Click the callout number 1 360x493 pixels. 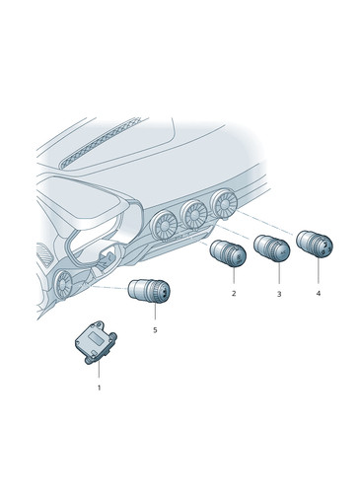coord(99,387)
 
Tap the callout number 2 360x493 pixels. coord(234,293)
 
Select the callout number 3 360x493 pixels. coord(279,294)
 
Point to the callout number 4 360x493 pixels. coord(318,293)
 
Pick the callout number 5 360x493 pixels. coord(155,329)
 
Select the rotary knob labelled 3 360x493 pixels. coord(271,248)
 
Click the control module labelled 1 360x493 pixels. coord(96,342)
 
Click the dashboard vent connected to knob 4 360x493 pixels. coord(224,205)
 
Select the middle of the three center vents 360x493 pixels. coord(194,215)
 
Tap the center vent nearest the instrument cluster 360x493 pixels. coord(164,226)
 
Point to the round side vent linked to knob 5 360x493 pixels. coord(63,284)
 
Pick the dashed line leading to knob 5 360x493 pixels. coord(110,288)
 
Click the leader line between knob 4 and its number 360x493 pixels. coord(318,271)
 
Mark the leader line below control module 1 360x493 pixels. coord(99,371)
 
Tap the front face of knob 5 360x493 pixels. coord(162,292)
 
